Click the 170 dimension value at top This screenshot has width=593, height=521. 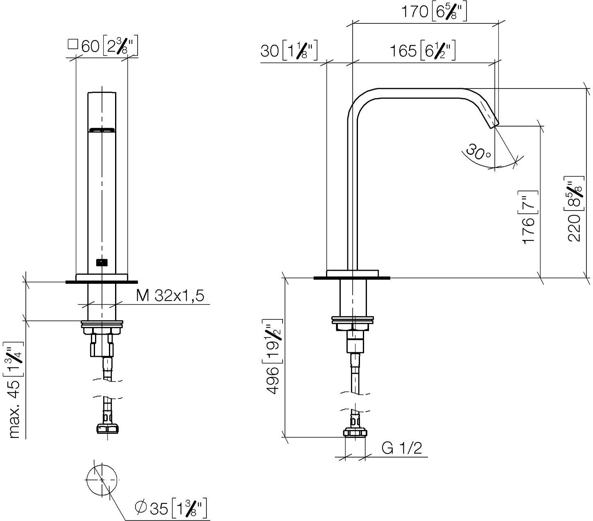point(414,12)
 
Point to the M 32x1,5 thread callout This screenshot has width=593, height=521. point(170,296)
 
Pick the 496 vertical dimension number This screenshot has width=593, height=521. point(273,380)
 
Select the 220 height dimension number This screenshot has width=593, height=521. point(574,228)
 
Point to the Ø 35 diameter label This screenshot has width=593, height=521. point(152,508)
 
